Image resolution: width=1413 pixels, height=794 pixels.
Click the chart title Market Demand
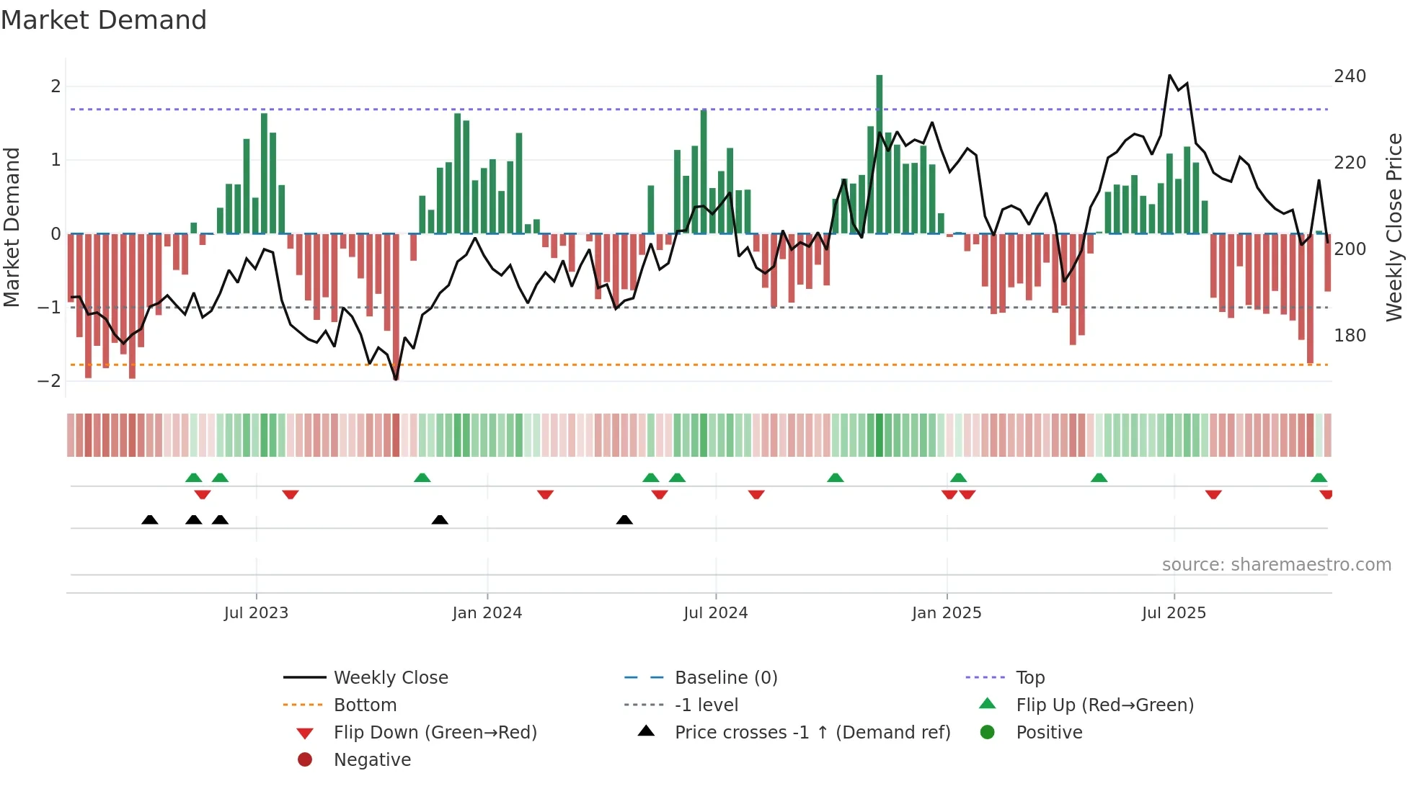(104, 20)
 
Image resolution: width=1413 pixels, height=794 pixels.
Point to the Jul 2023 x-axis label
(256, 613)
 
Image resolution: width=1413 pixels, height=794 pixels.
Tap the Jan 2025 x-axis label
(946, 613)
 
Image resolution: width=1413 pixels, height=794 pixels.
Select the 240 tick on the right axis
(1350, 76)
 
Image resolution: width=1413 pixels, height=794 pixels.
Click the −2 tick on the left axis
(50, 380)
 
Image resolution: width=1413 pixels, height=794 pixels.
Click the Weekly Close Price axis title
(1394, 227)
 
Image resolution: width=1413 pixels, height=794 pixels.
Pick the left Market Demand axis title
(12, 227)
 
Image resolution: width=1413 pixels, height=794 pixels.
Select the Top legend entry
(1030, 678)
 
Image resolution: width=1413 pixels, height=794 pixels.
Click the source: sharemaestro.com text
(1276, 565)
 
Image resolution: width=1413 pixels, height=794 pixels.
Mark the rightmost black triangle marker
(624, 520)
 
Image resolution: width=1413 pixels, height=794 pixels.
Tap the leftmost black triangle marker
(149, 520)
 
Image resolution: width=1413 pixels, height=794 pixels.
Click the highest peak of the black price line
(1169, 76)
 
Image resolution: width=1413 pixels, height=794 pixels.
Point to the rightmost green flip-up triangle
(1319, 478)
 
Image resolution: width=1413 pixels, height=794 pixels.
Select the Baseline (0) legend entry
(725, 678)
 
